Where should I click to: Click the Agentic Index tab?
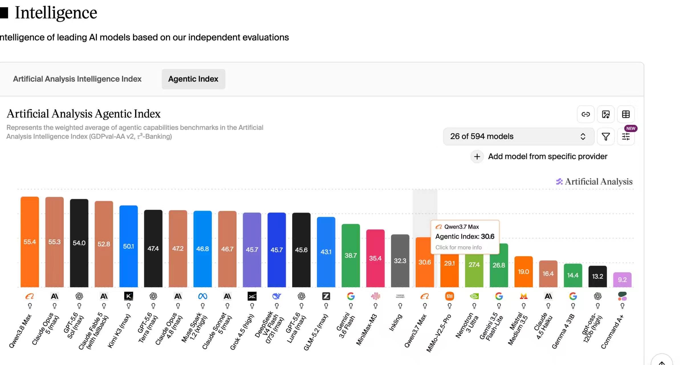(x=193, y=79)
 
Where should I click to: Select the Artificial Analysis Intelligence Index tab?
(x=77, y=79)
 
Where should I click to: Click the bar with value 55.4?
(x=30, y=242)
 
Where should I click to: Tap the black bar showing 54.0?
(x=79, y=243)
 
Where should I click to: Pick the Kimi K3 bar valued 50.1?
(x=129, y=246)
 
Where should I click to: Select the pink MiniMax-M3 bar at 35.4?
(x=375, y=258)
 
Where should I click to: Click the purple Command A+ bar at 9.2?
(x=622, y=280)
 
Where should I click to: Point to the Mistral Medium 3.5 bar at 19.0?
(x=524, y=271)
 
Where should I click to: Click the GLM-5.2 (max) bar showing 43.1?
(x=326, y=252)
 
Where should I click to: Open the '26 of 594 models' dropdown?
(x=519, y=136)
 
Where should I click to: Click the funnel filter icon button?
(x=606, y=137)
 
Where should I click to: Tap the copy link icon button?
(x=586, y=114)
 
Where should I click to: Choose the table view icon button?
(x=626, y=114)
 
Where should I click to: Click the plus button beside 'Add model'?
(x=477, y=157)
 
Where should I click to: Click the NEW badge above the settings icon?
(x=631, y=128)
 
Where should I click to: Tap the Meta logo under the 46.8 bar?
(x=203, y=296)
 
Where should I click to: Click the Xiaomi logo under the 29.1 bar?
(x=450, y=296)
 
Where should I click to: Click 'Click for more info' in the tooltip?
(x=458, y=247)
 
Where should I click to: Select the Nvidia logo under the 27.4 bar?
(x=474, y=296)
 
